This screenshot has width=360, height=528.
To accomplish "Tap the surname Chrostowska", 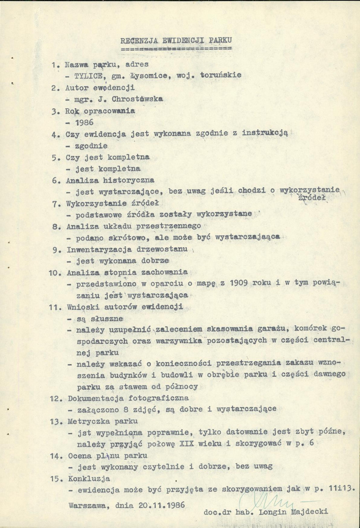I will [134, 98].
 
